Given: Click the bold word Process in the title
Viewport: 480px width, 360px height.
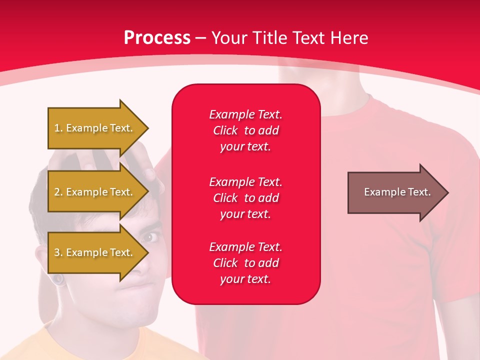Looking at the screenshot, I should (157, 37).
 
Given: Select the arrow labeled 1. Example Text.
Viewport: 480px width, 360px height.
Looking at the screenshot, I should (95, 128).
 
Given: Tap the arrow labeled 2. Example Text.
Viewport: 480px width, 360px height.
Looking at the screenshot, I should (95, 192).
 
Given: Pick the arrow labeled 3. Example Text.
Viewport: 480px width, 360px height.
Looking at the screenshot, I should (95, 252).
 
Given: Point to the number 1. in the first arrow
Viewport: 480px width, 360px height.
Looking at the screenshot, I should (58, 128).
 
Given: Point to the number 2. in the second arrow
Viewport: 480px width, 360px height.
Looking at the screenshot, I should (58, 192).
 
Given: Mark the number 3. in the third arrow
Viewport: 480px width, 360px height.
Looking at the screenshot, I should (58, 252).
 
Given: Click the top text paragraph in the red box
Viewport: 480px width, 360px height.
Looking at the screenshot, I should (245, 130).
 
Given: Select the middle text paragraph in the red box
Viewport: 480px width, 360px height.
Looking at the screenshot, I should (245, 197).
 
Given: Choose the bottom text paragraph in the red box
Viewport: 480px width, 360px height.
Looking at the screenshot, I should (245, 263).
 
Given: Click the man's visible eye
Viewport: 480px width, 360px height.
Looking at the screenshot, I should (150, 236).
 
